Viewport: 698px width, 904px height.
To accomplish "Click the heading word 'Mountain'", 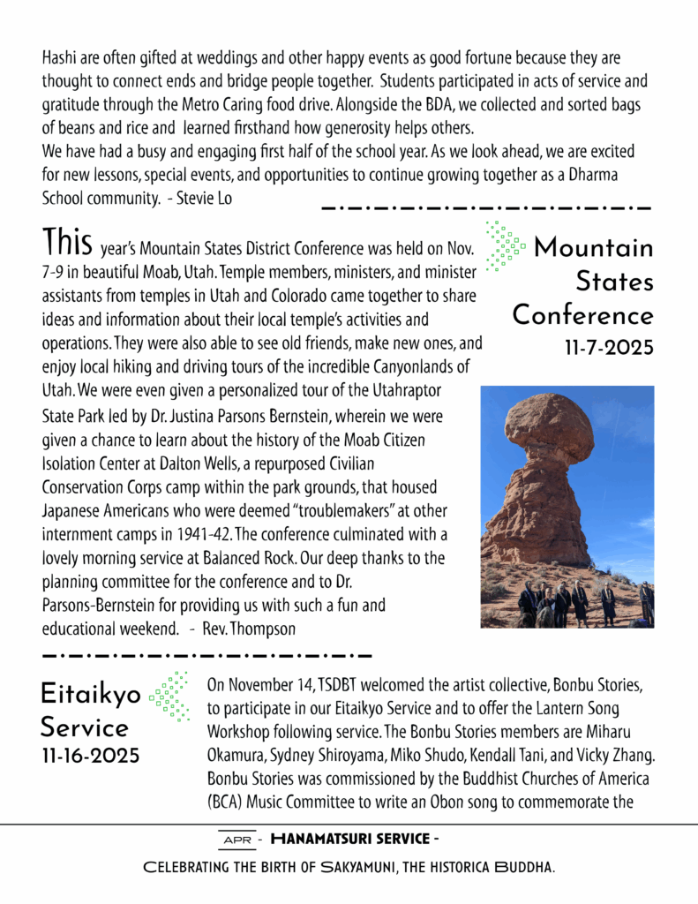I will (594, 248).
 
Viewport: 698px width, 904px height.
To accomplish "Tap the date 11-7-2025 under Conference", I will (609, 348).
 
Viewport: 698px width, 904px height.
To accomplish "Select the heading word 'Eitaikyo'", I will (90, 695).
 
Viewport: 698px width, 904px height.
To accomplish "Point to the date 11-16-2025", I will (90, 757).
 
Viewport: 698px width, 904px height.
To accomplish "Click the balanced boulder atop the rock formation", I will (549, 428).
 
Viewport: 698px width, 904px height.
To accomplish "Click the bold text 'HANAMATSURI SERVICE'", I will (349, 839).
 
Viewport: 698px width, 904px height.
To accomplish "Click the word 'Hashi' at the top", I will (59, 59).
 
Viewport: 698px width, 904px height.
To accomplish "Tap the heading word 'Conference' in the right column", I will (583, 315).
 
